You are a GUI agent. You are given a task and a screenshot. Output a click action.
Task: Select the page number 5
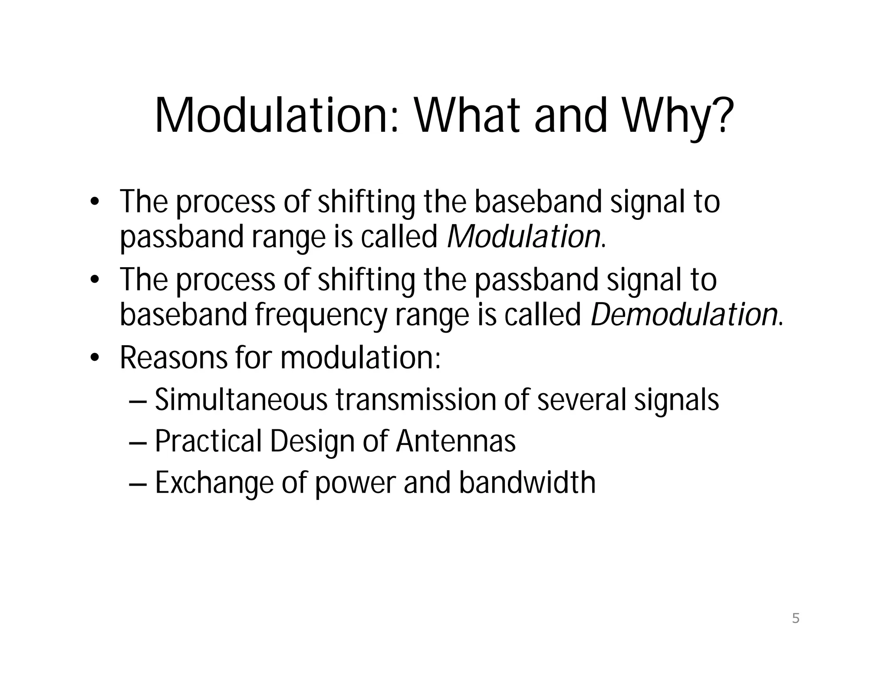795,618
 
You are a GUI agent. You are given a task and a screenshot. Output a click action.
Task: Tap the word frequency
321,316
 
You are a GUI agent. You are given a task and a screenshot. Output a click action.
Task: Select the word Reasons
173,358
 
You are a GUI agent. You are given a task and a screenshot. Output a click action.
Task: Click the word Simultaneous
241,399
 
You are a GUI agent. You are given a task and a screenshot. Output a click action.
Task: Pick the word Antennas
455,441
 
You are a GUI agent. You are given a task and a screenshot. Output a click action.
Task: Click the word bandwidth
527,483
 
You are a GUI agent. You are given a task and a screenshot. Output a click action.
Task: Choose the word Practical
208,441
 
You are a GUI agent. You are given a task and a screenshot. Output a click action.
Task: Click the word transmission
415,399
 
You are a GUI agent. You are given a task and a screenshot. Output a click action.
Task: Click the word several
582,399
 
